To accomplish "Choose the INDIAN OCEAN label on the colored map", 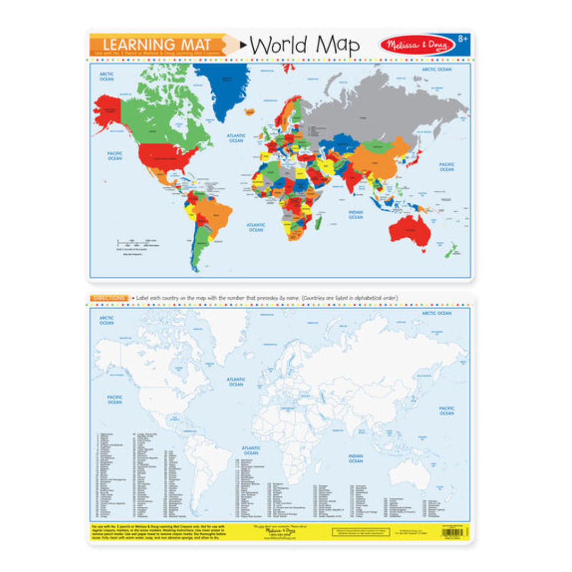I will click(355, 214).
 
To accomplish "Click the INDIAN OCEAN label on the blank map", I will click(355, 458).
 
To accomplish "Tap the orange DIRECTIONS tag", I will click(109, 298).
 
